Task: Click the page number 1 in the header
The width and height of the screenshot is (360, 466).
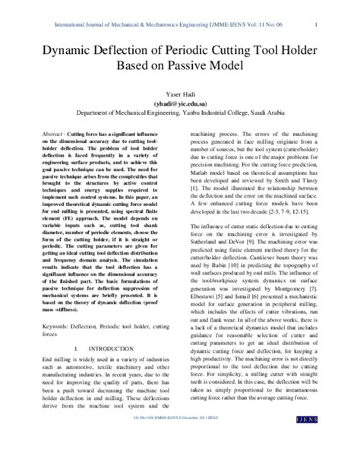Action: (336, 10)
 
